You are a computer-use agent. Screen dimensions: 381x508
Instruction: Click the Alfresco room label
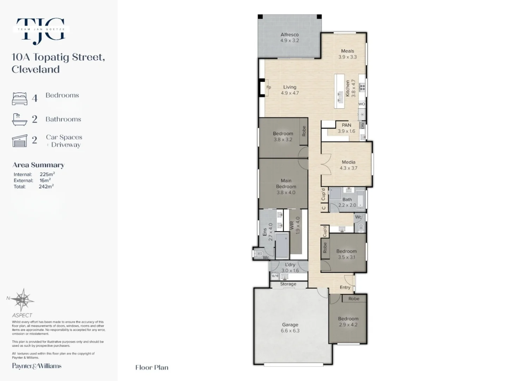[x=290, y=37]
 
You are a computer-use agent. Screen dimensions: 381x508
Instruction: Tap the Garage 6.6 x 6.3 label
[x=290, y=327]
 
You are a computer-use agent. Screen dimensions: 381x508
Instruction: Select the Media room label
[x=349, y=165]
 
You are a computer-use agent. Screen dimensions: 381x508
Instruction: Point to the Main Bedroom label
[x=286, y=186]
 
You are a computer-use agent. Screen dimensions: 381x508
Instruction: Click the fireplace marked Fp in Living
[x=268, y=87]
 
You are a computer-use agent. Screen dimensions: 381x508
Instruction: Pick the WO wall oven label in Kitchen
[x=362, y=104]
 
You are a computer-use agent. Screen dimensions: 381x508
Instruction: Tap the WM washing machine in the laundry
[x=275, y=276]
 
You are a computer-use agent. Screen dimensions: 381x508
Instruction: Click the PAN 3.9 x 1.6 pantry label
[x=346, y=128]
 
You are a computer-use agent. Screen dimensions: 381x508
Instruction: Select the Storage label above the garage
[x=288, y=284]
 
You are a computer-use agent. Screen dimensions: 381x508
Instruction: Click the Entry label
[x=345, y=287]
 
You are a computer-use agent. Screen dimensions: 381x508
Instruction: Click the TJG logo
[x=41, y=31]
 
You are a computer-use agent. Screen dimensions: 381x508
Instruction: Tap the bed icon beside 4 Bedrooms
[x=20, y=99]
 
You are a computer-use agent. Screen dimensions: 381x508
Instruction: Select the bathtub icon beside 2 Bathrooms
[x=20, y=120]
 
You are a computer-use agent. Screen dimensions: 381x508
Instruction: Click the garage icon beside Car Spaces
[x=20, y=141]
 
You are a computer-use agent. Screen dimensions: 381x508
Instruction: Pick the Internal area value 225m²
[x=47, y=174]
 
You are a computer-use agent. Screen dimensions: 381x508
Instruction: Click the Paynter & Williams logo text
[x=37, y=366]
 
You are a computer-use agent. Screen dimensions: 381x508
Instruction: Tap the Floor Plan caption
[x=152, y=368]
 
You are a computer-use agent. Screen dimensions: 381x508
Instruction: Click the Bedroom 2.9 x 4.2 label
[x=348, y=321]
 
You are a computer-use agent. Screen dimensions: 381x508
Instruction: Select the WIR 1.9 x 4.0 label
[x=295, y=225]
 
